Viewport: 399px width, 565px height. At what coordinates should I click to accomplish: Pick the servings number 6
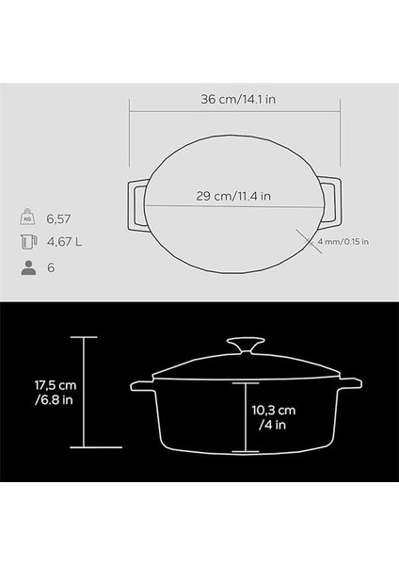[53, 267]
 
